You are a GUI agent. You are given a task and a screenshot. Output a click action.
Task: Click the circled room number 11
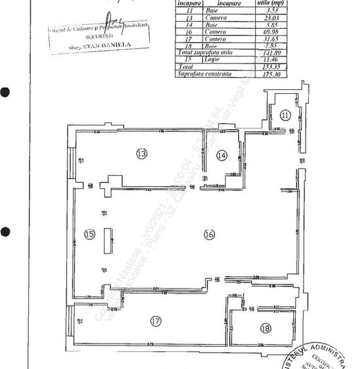point(283,114)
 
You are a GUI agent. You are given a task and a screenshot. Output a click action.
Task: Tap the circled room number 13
point(141,153)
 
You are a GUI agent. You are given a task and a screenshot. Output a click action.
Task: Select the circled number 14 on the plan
point(223,155)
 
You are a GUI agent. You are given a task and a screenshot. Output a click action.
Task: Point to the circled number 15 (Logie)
point(90,234)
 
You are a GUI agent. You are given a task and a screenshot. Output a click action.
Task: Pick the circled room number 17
point(155,321)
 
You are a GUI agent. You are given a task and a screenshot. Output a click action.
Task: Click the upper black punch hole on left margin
point(5,92)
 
